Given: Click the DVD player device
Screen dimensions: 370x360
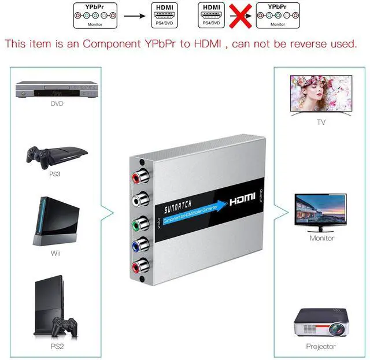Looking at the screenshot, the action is tap(56, 90).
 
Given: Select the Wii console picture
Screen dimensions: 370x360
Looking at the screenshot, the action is tap(56, 222).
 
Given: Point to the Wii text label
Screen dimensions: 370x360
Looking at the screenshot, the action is tap(56, 253).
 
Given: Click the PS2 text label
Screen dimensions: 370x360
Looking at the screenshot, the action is tap(57, 346).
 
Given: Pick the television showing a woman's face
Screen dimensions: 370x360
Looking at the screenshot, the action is tap(321, 95).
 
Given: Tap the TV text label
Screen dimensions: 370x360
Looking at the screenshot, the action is tap(321, 122).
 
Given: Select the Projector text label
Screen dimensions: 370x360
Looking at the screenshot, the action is tap(321, 346).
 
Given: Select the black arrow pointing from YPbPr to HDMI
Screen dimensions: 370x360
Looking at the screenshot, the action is tap(134, 16).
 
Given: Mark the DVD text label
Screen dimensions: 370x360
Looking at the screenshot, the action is tap(57, 104).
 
